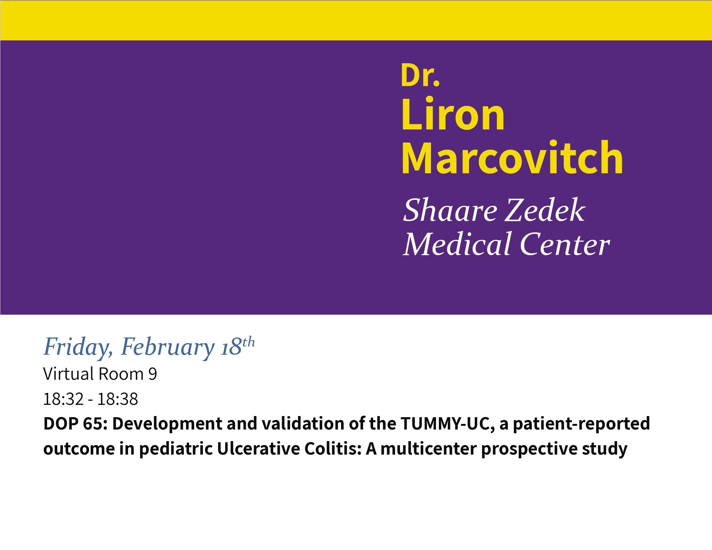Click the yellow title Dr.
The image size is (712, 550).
(420, 75)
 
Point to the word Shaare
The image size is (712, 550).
(450, 210)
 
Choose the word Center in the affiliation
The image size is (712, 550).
(565, 244)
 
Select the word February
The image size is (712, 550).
(168, 347)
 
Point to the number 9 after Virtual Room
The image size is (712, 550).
(153, 374)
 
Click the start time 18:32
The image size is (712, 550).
(63, 399)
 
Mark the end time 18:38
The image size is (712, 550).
(117, 399)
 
